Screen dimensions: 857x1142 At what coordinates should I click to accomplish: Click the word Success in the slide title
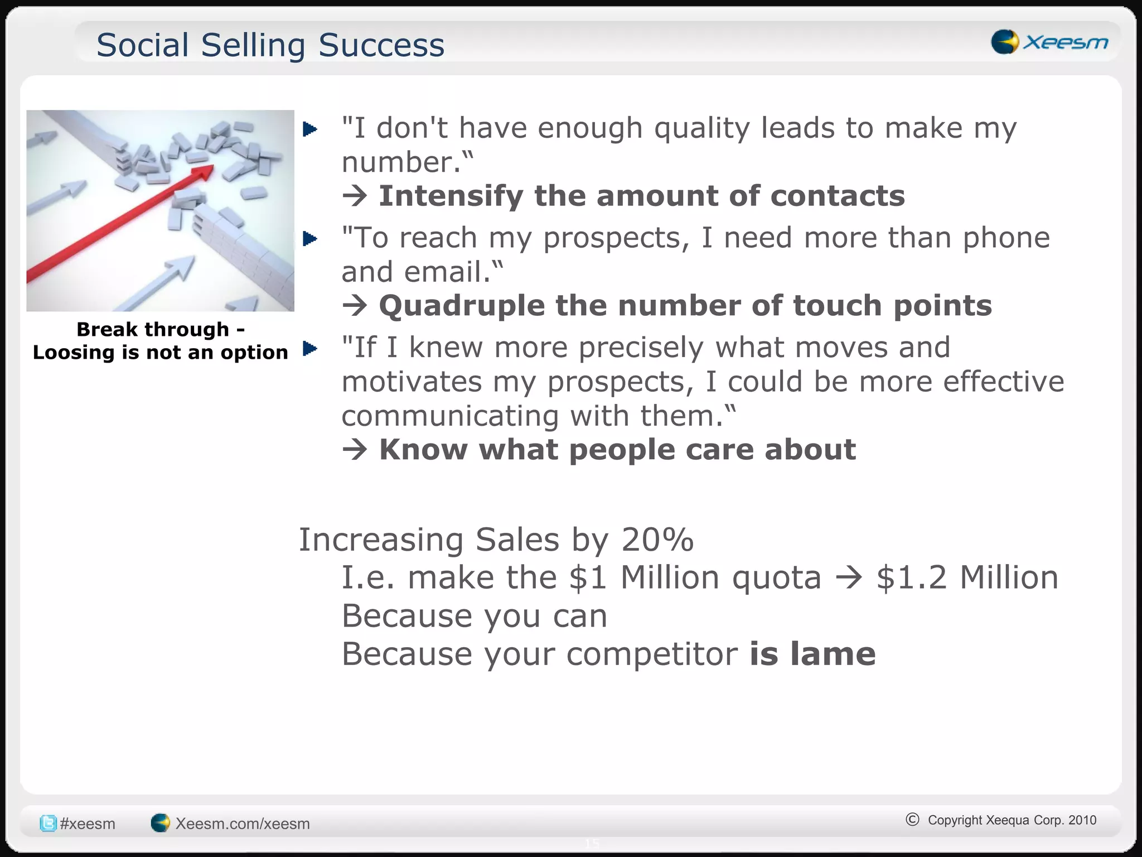[381, 45]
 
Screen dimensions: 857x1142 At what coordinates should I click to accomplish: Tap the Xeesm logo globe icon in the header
[1005, 42]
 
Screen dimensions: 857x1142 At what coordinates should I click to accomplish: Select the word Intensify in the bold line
[451, 196]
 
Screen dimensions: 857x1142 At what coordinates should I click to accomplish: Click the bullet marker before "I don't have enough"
[310, 129]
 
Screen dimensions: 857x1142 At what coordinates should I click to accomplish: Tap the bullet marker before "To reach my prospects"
[310, 239]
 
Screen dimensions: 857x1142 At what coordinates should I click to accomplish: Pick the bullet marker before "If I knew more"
[310, 349]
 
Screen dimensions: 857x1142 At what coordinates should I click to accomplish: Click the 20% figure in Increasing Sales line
[657, 540]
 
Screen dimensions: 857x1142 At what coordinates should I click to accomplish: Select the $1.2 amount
[911, 577]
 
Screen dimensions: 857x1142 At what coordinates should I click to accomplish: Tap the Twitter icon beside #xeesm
[48, 824]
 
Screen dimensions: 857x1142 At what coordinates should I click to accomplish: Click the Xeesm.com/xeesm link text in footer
[242, 824]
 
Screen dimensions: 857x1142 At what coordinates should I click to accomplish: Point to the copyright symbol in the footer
[912, 819]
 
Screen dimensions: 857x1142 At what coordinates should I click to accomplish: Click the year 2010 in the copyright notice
[1082, 820]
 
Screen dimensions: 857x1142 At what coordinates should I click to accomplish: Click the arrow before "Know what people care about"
[355, 450]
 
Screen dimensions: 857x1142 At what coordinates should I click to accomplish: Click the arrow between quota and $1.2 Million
[849, 577]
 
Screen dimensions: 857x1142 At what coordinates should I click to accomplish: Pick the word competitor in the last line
[652, 654]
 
